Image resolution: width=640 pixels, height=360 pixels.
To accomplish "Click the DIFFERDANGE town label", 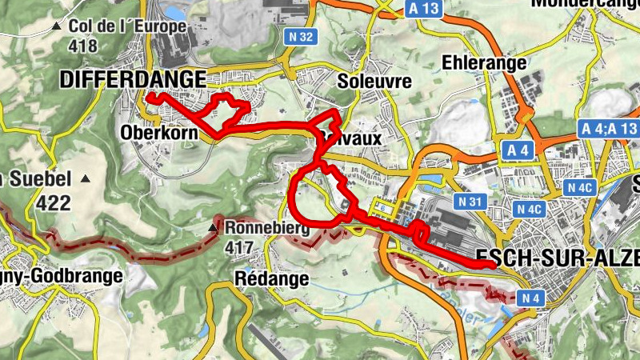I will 132,78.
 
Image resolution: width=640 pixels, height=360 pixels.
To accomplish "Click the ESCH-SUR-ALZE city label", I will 557,258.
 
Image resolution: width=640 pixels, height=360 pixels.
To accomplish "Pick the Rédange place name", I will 273,278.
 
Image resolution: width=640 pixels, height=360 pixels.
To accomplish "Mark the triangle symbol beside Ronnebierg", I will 213,228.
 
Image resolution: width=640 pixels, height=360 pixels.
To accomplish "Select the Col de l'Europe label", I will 127,26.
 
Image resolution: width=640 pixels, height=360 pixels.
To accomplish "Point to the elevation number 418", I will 83,46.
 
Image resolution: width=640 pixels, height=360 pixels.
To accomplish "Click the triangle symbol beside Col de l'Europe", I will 56,26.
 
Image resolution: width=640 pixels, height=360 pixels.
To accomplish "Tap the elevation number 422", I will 51,203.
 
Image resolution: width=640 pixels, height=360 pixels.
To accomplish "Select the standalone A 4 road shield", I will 518,150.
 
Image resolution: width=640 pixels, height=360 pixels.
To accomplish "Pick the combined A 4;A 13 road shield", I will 606,128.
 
